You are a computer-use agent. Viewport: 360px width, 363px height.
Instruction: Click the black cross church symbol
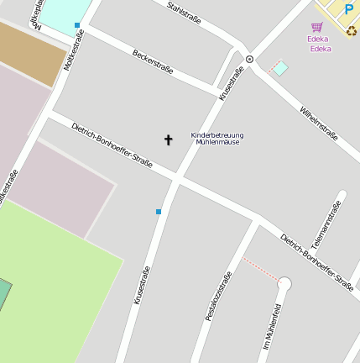(x=168, y=139)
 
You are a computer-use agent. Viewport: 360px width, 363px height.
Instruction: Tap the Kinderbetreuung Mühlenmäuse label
(x=217, y=139)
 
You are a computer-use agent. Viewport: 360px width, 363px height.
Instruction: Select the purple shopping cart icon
(x=316, y=27)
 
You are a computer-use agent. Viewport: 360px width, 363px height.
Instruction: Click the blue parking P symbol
(x=348, y=9)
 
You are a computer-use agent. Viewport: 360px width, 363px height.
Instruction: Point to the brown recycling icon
(x=352, y=31)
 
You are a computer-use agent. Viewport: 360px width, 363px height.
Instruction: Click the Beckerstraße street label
(x=153, y=61)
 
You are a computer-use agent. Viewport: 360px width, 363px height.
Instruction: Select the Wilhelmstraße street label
(x=319, y=124)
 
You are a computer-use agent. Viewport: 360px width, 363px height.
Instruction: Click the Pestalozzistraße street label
(x=218, y=297)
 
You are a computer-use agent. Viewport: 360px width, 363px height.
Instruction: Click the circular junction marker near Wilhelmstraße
(x=249, y=59)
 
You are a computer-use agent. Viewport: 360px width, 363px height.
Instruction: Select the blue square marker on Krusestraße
(x=158, y=212)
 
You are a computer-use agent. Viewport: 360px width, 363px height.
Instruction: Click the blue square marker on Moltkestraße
(x=77, y=25)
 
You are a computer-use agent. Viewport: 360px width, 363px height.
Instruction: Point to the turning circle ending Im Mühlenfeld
(x=284, y=284)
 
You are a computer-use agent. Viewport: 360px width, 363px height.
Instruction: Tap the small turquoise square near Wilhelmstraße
(x=281, y=68)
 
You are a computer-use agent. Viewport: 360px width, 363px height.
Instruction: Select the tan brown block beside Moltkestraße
(x=32, y=52)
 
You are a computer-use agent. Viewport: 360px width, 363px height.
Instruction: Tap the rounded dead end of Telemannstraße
(x=342, y=195)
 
